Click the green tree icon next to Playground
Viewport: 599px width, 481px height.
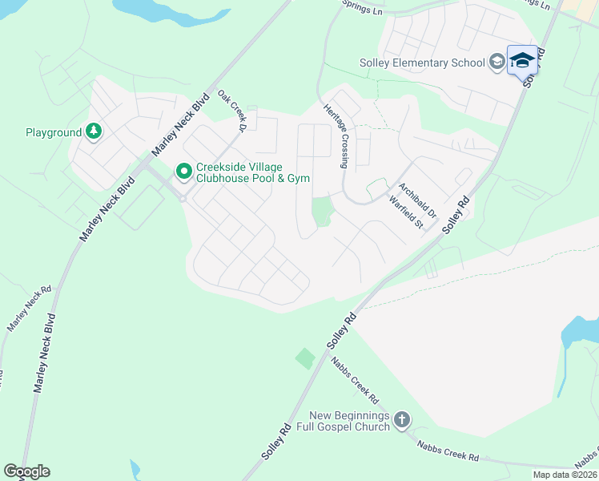point(94,131)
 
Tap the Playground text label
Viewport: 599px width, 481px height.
point(54,132)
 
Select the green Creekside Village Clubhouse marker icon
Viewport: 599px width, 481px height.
point(183,170)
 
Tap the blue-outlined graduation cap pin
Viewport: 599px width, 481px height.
point(522,61)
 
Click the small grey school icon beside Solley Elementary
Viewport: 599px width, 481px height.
point(496,62)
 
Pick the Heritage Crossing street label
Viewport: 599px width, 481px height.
point(336,136)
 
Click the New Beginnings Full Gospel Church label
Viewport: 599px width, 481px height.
point(349,421)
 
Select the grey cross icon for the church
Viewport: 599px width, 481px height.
point(402,419)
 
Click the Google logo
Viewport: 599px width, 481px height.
point(26,471)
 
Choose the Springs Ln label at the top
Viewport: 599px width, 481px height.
point(365,6)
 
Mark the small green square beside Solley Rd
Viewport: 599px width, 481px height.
point(305,358)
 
